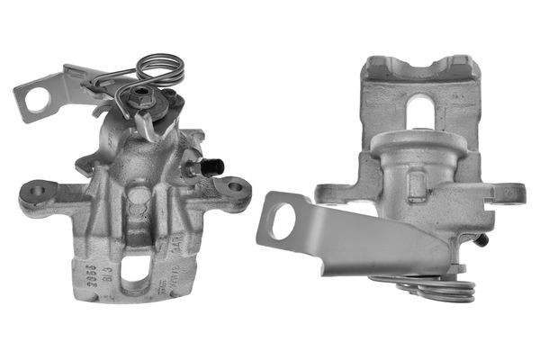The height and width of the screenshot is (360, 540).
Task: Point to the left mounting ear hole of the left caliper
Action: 37,191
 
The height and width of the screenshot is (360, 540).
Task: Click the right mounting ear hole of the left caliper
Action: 234,188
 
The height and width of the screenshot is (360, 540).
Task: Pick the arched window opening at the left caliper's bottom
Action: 136,269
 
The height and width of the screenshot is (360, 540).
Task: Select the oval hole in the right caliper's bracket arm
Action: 283,220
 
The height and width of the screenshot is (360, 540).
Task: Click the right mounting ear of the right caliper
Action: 509,193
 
